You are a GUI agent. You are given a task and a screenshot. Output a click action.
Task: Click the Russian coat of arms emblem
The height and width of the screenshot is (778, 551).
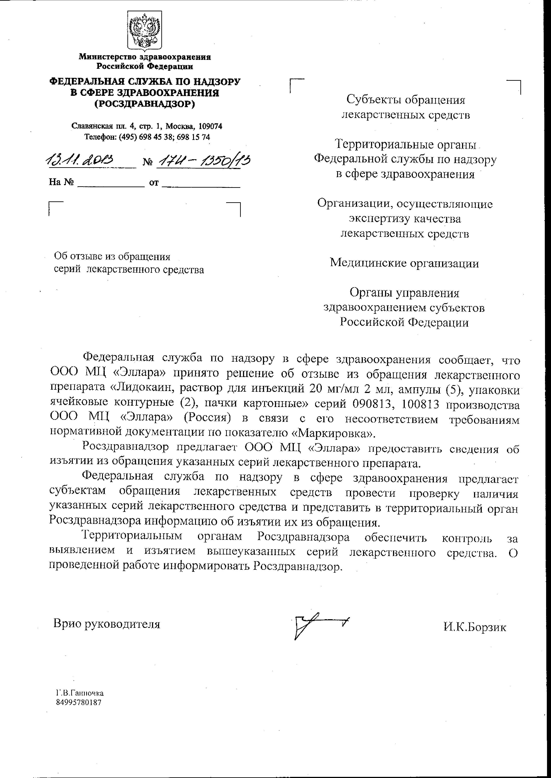click(x=144, y=31)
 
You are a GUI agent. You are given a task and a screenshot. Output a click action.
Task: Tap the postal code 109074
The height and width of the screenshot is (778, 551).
click(x=210, y=126)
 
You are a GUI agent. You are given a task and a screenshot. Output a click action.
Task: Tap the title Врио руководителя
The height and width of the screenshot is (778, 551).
click(x=107, y=624)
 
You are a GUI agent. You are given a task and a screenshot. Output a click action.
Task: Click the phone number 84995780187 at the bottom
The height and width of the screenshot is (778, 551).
click(x=79, y=702)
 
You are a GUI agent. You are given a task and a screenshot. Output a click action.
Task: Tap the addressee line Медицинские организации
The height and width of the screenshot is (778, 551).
click(x=404, y=263)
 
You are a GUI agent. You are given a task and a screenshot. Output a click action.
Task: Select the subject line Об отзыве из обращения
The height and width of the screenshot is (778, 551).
click(x=112, y=257)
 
